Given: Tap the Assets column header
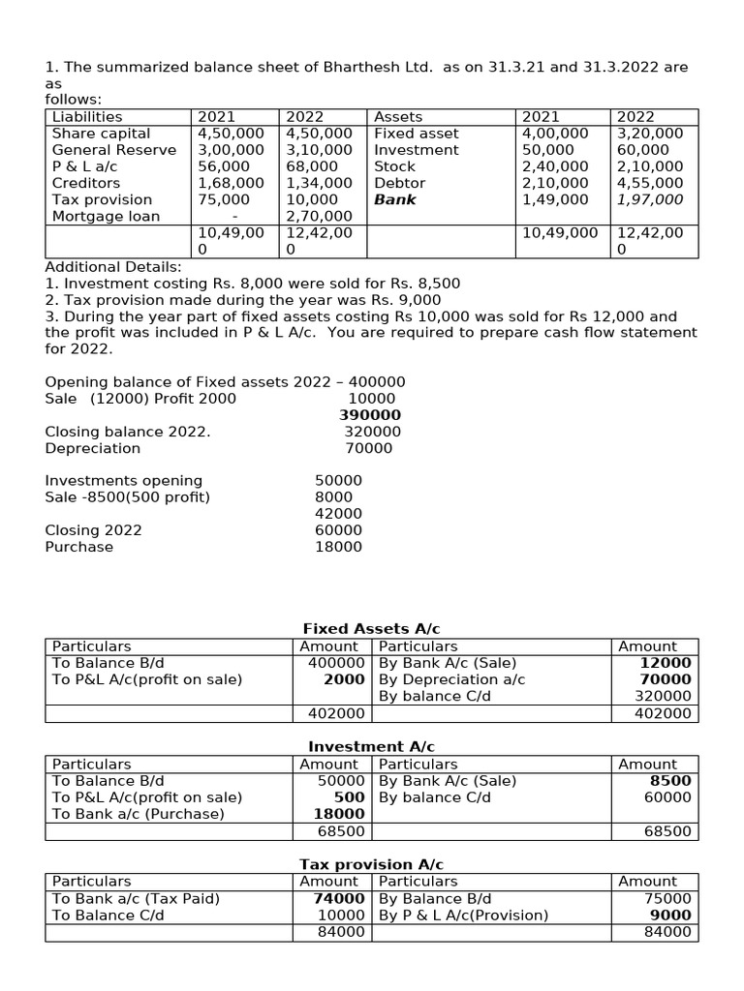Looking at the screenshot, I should (x=398, y=117).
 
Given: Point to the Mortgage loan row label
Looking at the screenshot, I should (x=106, y=216).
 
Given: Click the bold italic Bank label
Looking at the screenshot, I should (x=395, y=199).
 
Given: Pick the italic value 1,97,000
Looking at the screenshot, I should (x=650, y=199).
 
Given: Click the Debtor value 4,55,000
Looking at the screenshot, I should (x=650, y=183).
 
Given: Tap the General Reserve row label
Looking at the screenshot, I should (x=114, y=150).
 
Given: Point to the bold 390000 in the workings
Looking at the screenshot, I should (x=370, y=415).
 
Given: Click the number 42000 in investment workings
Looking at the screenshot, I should (x=338, y=514).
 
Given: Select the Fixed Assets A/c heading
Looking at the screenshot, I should (x=371, y=629).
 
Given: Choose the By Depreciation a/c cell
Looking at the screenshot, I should (x=452, y=679).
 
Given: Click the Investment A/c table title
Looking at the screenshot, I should (x=371, y=747).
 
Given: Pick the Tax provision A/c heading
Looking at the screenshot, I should (x=371, y=864).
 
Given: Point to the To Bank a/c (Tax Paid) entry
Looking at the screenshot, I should (x=136, y=898).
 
